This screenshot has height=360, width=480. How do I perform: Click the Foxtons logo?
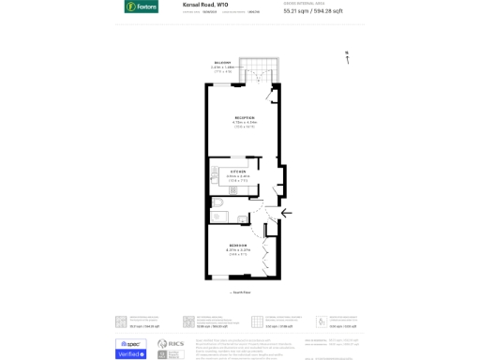click(141, 7)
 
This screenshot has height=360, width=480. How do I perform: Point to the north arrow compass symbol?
click(347, 57)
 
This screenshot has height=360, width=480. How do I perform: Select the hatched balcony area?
click(259, 70)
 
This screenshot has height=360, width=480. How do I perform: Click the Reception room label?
click(245, 117)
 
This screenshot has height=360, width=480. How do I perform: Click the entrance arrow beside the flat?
click(286, 213)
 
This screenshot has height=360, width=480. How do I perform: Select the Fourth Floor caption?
click(241, 292)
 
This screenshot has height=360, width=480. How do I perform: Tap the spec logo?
click(130, 343)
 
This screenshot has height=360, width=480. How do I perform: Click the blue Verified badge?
click(130, 354)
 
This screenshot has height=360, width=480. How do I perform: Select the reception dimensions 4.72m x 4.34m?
click(245, 123)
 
